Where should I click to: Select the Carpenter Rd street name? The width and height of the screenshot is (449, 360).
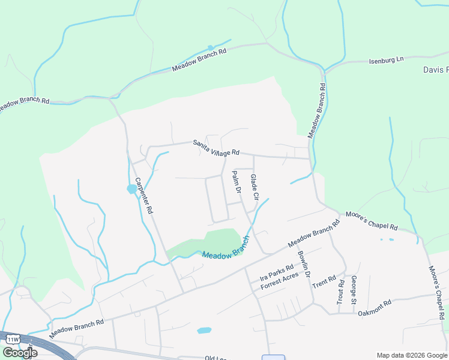144,196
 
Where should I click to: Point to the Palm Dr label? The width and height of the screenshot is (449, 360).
236,182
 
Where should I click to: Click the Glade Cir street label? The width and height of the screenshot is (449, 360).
254,187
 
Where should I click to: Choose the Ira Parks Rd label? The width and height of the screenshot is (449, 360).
276,272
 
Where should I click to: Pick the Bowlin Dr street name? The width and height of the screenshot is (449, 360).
303,263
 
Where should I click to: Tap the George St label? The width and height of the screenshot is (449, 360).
354,288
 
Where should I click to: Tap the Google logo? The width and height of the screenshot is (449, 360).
20,353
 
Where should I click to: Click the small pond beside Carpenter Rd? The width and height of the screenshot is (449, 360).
131,190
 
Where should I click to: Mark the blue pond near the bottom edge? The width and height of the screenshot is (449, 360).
204,330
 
